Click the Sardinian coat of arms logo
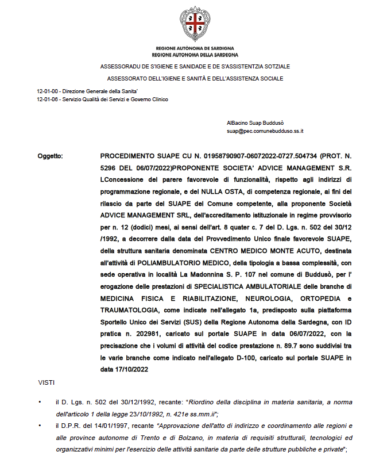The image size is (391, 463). (195, 24)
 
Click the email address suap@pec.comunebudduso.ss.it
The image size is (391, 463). (265, 132)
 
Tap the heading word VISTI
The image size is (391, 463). (47, 381)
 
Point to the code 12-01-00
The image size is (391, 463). (47, 91)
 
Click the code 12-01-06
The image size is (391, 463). (47, 100)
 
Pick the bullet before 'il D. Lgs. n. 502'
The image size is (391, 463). (40, 401)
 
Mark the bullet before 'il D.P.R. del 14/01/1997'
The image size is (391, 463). (40, 427)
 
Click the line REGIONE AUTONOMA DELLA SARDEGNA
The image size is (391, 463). (195, 55)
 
